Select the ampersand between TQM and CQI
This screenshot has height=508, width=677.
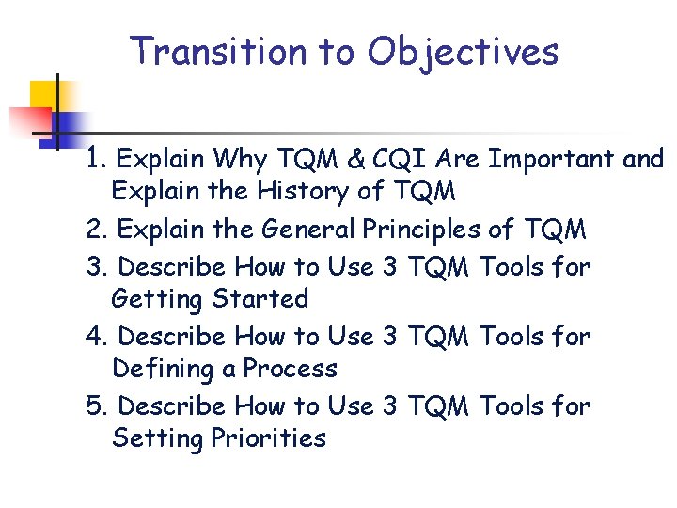point(355,159)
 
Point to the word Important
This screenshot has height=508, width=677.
point(549,160)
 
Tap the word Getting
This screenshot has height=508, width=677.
point(157,300)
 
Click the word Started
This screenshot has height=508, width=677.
point(260,299)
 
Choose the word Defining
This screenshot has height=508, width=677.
point(163,369)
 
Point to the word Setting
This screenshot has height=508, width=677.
point(155,439)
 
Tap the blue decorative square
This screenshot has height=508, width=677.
point(69,127)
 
